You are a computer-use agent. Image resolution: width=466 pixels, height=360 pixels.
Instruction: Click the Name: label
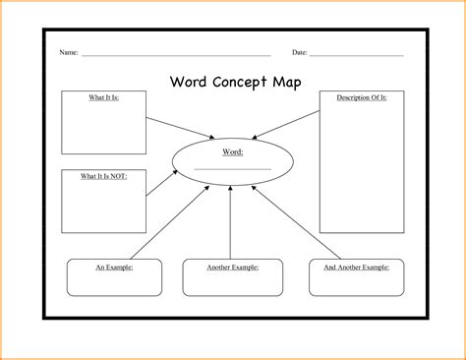[68, 51]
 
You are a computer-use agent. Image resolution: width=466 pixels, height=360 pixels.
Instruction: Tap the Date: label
[299, 51]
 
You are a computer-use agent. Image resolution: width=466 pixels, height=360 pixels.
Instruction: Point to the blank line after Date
[356, 55]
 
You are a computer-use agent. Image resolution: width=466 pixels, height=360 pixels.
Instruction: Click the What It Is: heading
[103, 97]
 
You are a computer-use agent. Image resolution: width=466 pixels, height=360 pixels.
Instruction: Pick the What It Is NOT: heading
[103, 175]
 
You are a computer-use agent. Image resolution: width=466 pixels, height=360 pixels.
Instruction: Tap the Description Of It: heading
[361, 97]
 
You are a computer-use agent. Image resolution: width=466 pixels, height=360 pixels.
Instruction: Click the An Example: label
[113, 267]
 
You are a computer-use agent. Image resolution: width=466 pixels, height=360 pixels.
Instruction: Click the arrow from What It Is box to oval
[181, 127]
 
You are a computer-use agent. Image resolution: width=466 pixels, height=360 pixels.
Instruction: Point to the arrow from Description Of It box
[285, 127]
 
